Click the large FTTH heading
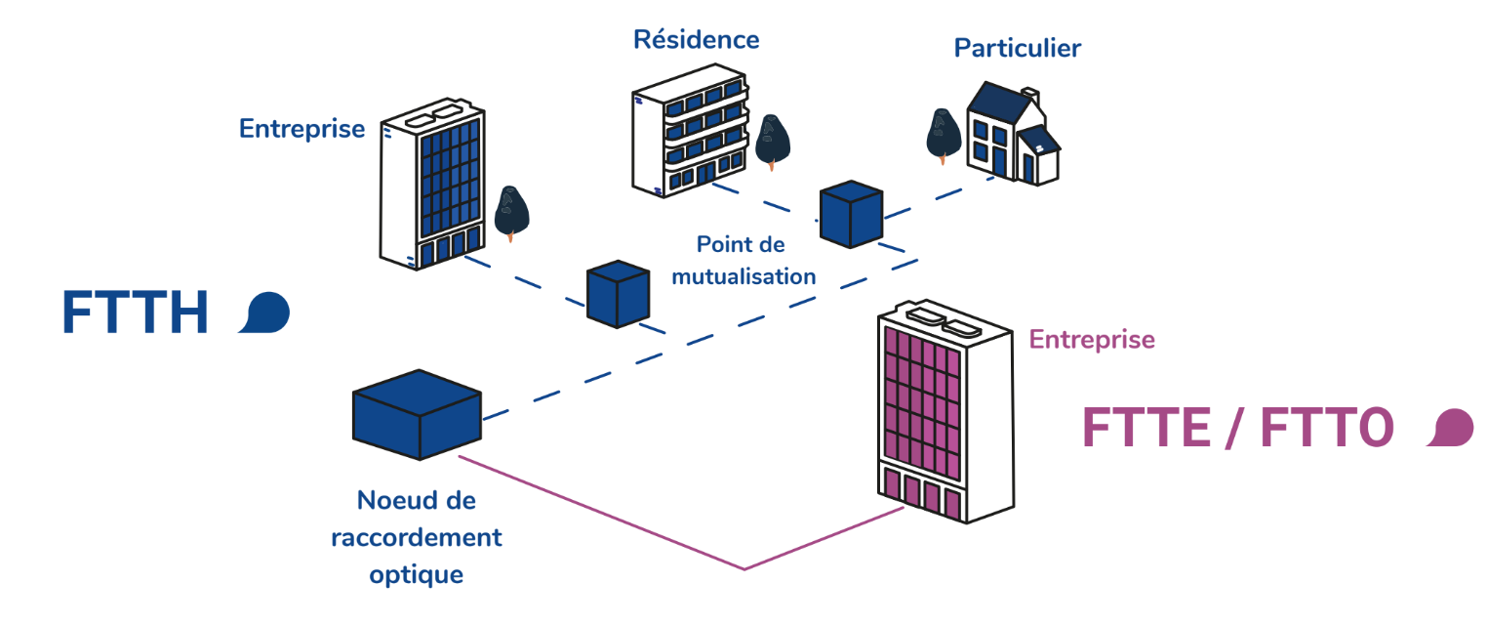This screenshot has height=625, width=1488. click(x=136, y=314)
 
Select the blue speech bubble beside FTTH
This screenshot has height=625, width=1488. click(x=264, y=313)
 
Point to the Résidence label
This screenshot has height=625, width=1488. click(x=696, y=40)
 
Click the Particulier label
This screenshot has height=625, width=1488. click(x=1017, y=48)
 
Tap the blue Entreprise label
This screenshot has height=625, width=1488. click(x=302, y=129)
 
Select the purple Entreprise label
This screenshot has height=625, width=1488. click(x=1092, y=340)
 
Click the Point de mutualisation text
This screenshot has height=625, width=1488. click(x=742, y=261)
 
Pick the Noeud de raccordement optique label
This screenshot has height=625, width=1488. click(x=417, y=537)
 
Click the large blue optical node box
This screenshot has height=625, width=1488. click(x=417, y=414)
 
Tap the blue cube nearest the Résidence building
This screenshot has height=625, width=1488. click(x=851, y=213)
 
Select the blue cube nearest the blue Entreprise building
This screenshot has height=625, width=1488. click(x=618, y=293)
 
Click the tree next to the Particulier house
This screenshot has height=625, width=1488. click(x=943, y=134)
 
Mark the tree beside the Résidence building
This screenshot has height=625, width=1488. click(x=772, y=140)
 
